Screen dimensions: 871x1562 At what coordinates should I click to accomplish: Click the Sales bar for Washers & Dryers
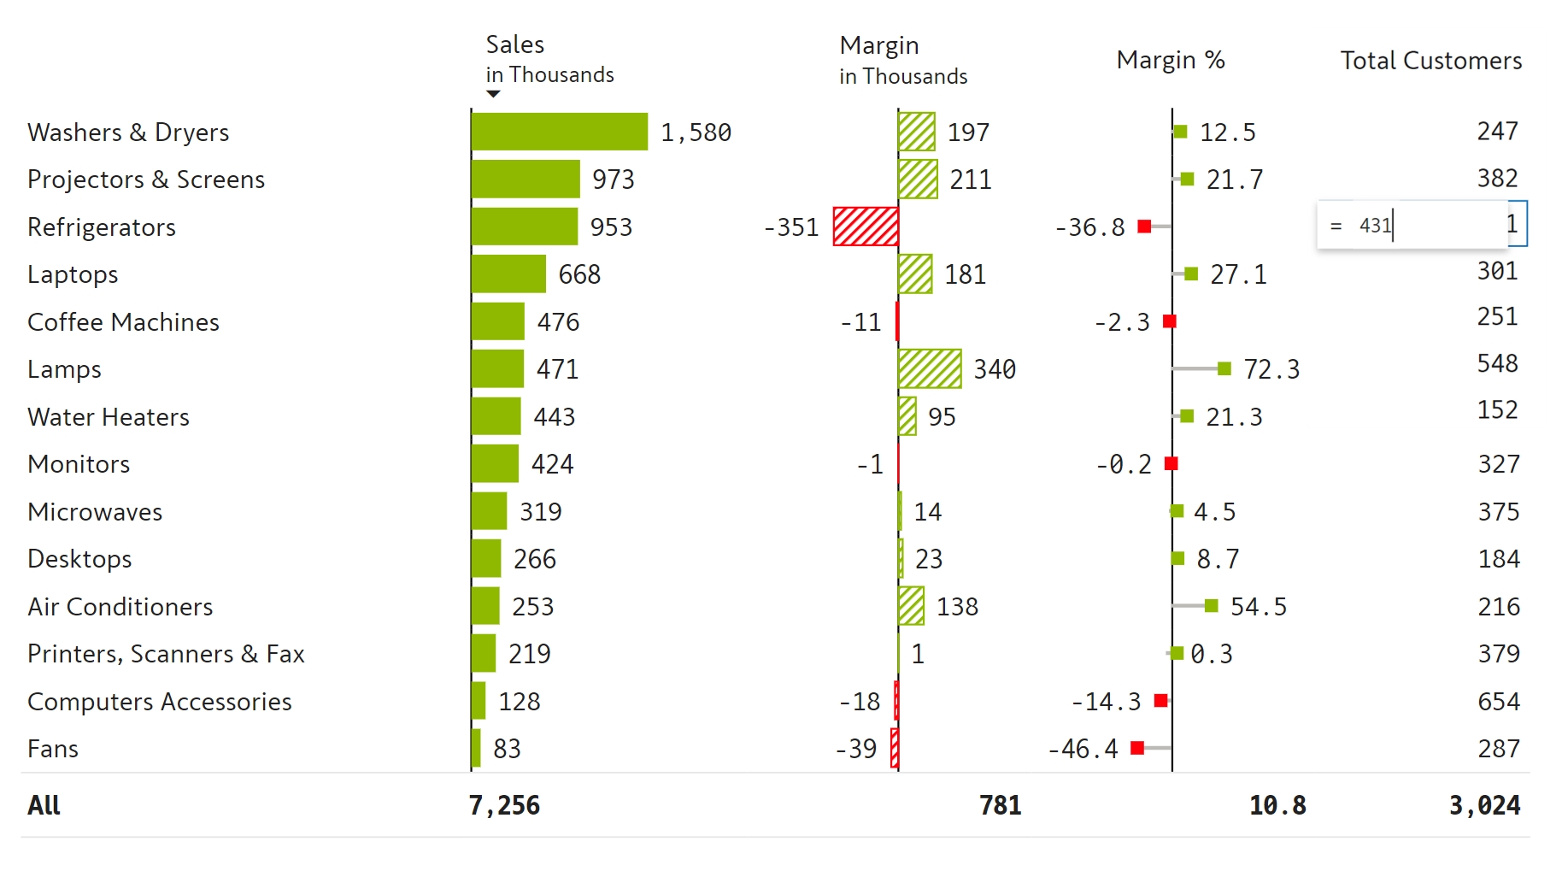(x=559, y=132)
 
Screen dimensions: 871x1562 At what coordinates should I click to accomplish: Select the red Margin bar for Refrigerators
(x=866, y=227)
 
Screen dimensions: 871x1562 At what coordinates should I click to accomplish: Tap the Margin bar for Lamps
(x=930, y=368)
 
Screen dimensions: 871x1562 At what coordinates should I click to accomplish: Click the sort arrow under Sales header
(x=493, y=94)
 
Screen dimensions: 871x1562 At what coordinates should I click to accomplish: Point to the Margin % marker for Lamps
(x=1224, y=368)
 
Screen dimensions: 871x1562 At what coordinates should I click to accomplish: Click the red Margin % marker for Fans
(x=1137, y=748)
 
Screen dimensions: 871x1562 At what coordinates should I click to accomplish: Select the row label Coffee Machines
(x=123, y=322)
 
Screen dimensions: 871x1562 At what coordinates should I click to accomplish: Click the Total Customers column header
(x=1430, y=61)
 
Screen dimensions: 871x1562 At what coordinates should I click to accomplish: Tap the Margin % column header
(x=1170, y=60)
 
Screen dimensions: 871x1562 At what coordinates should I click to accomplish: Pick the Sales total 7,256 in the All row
(x=504, y=805)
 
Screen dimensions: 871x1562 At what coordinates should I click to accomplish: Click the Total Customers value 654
(x=1499, y=702)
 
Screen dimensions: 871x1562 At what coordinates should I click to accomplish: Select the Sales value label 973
(x=613, y=179)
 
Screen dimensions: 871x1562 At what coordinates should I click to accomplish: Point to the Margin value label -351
(x=791, y=227)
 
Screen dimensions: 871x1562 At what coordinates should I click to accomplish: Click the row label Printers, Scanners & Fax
(x=166, y=654)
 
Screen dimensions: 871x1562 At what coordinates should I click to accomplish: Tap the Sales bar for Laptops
(x=508, y=274)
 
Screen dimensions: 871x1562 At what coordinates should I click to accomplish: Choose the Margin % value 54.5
(x=1258, y=607)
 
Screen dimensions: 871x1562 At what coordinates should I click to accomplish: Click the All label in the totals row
(x=44, y=805)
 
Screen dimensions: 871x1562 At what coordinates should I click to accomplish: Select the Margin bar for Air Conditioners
(x=911, y=606)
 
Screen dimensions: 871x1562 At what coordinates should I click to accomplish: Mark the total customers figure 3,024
(x=1484, y=805)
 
